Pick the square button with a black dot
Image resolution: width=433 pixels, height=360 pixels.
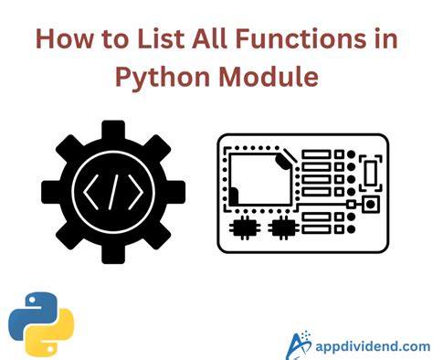point(372,203)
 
